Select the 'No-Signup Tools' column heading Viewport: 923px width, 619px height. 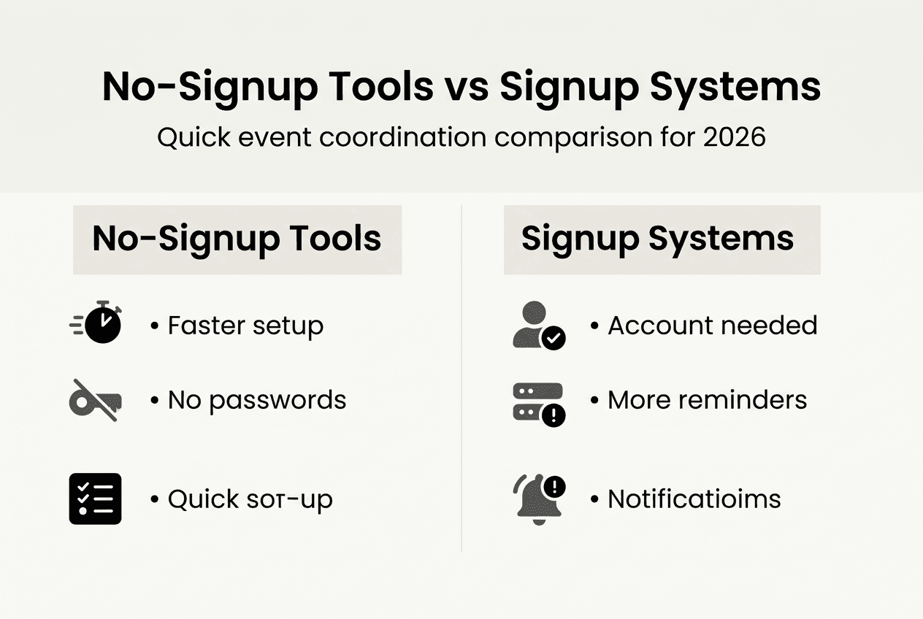coord(237,239)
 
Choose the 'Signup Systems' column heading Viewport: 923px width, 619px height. coord(657,239)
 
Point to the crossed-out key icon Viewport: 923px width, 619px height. coord(96,400)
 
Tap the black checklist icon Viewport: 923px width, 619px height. coord(96,499)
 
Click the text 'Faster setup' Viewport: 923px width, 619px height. coord(245,326)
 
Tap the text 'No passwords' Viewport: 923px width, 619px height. coord(256,400)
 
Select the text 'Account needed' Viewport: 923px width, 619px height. coord(712,326)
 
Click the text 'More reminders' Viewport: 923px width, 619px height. coord(707,400)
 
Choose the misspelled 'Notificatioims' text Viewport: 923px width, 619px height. coord(694,499)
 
